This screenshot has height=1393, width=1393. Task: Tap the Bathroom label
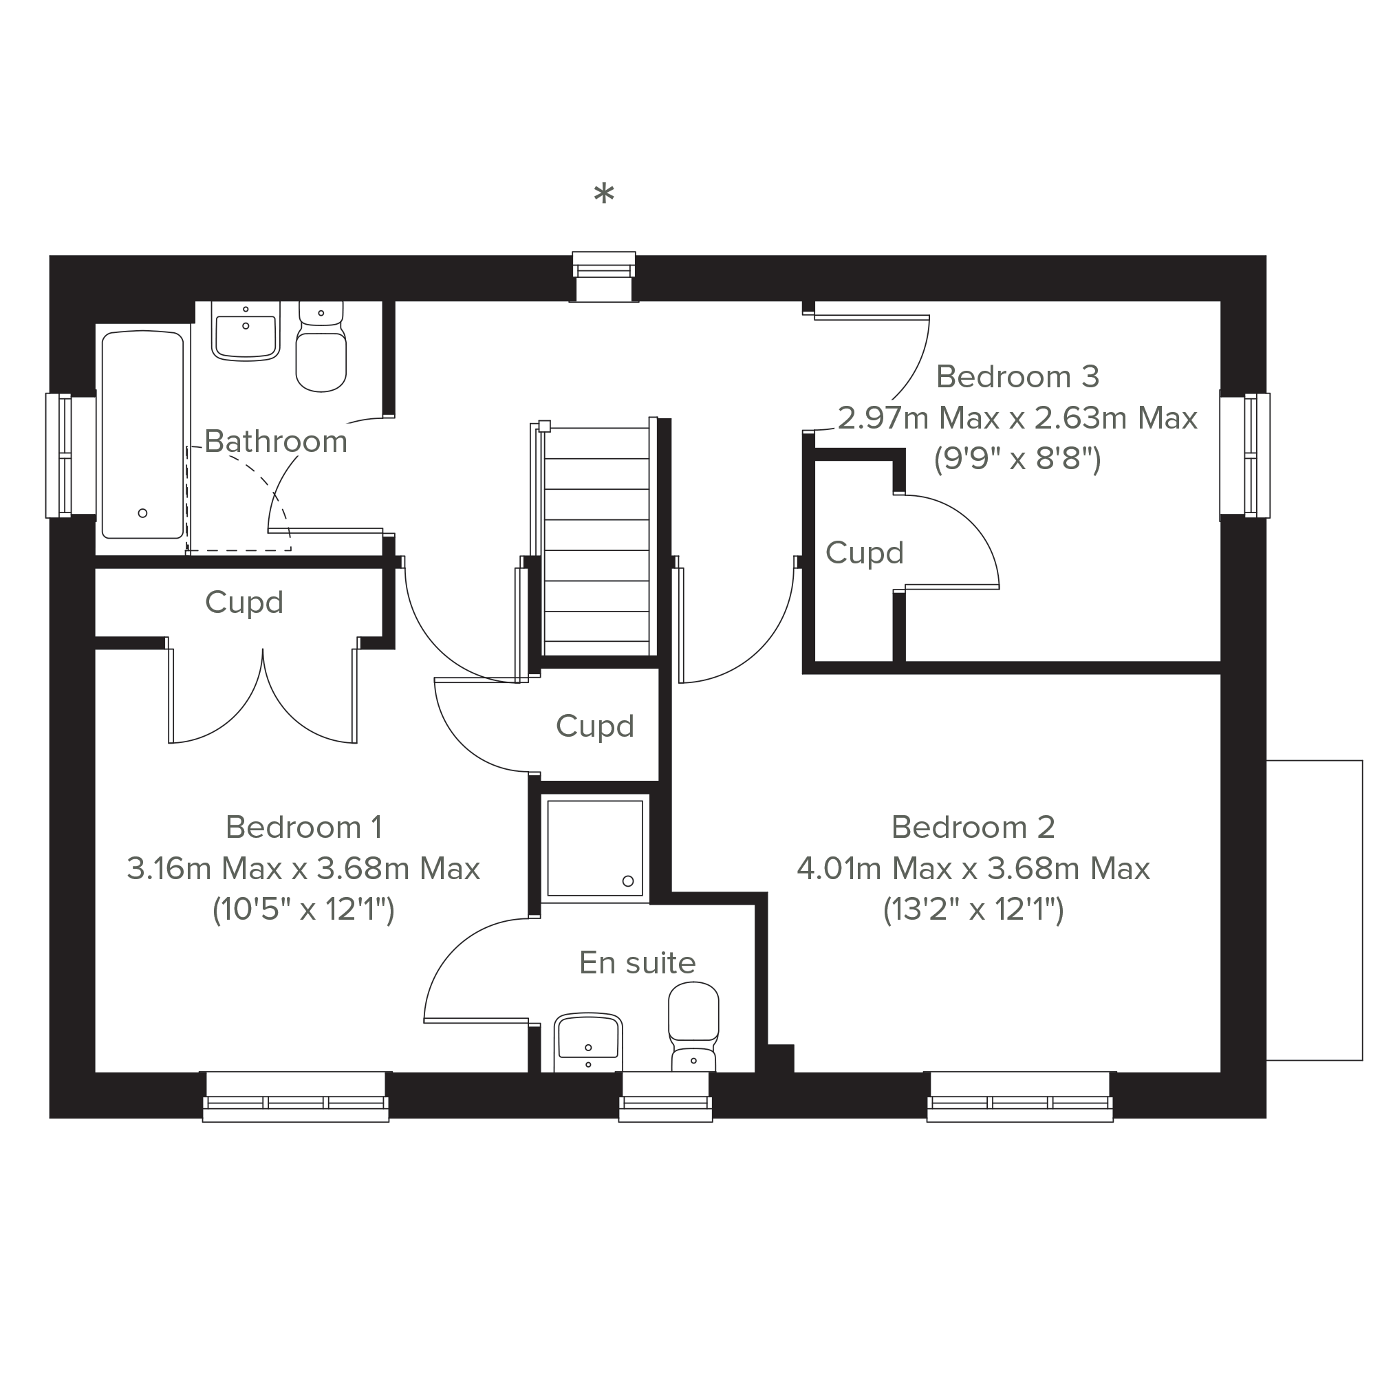[276, 441]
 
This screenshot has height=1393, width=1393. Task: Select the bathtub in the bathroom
[143, 435]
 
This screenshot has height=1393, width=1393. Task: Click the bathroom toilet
[321, 347]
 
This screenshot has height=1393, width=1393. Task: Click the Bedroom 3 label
[1017, 376]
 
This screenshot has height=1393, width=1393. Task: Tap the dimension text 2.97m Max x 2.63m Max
[1017, 418]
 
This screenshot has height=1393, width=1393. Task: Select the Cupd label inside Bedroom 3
[865, 554]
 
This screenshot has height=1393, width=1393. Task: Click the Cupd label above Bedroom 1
[244, 603]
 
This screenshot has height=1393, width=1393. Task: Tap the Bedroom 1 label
[303, 827]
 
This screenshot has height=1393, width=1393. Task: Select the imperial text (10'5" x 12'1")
[303, 910]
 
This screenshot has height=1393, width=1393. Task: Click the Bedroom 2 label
[973, 827]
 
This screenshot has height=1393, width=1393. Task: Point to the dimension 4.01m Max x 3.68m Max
[973, 869]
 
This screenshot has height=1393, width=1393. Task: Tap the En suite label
[638, 963]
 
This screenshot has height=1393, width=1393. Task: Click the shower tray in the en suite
[595, 849]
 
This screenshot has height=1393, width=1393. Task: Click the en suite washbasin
[588, 1044]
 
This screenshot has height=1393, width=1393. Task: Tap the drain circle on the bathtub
[143, 513]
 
